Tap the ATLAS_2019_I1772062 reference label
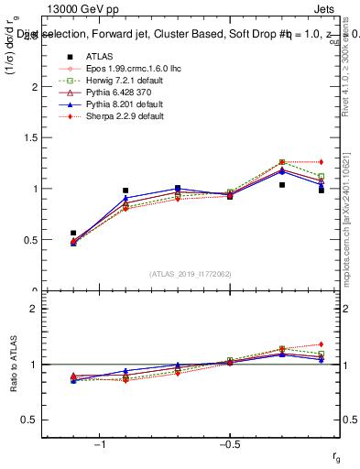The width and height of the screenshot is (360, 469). (x=190, y=274)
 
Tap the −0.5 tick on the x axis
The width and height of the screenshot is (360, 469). (x=229, y=444)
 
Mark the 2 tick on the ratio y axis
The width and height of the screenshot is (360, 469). (x=33, y=309)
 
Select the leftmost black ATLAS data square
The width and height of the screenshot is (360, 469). (x=73, y=234)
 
